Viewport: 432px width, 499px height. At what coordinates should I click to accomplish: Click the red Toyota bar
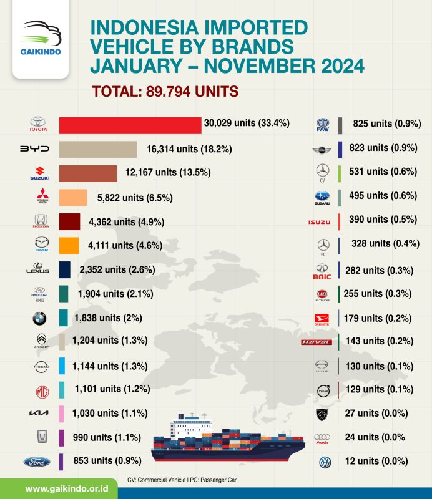(130, 125)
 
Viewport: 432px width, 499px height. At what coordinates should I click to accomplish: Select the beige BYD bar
(97, 150)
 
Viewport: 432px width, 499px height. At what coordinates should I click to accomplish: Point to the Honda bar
(69, 221)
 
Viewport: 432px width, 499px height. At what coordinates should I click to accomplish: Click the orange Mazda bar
(69, 245)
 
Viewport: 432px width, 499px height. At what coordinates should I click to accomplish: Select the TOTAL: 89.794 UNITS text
(165, 91)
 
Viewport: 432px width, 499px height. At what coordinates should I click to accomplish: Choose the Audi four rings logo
(322, 437)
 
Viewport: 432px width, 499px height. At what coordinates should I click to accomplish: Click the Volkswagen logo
(322, 462)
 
